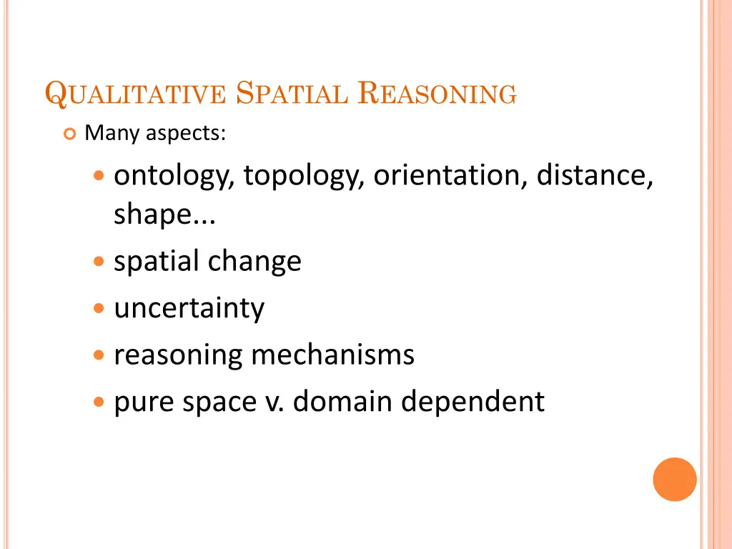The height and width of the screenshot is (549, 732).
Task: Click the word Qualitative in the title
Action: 135,95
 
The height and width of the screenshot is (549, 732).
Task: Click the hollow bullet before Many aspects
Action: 70,134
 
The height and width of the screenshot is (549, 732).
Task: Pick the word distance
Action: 595,176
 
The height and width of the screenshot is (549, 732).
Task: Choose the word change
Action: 255,262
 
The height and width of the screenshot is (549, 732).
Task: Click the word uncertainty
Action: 189,308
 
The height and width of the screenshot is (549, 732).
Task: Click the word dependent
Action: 473,402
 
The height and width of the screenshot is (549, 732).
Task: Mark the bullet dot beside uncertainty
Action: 99,309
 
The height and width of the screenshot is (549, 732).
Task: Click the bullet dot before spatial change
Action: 99,262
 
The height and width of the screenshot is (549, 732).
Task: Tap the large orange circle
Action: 674,479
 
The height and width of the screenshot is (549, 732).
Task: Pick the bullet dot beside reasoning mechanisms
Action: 99,355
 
